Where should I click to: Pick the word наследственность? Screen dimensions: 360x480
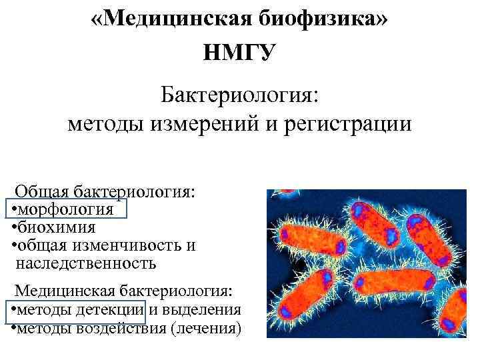pyautogui.click(x=86, y=263)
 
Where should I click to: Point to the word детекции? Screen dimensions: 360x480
pyautogui.click(x=111, y=310)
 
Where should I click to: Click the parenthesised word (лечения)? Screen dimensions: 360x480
pyautogui.click(x=209, y=329)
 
